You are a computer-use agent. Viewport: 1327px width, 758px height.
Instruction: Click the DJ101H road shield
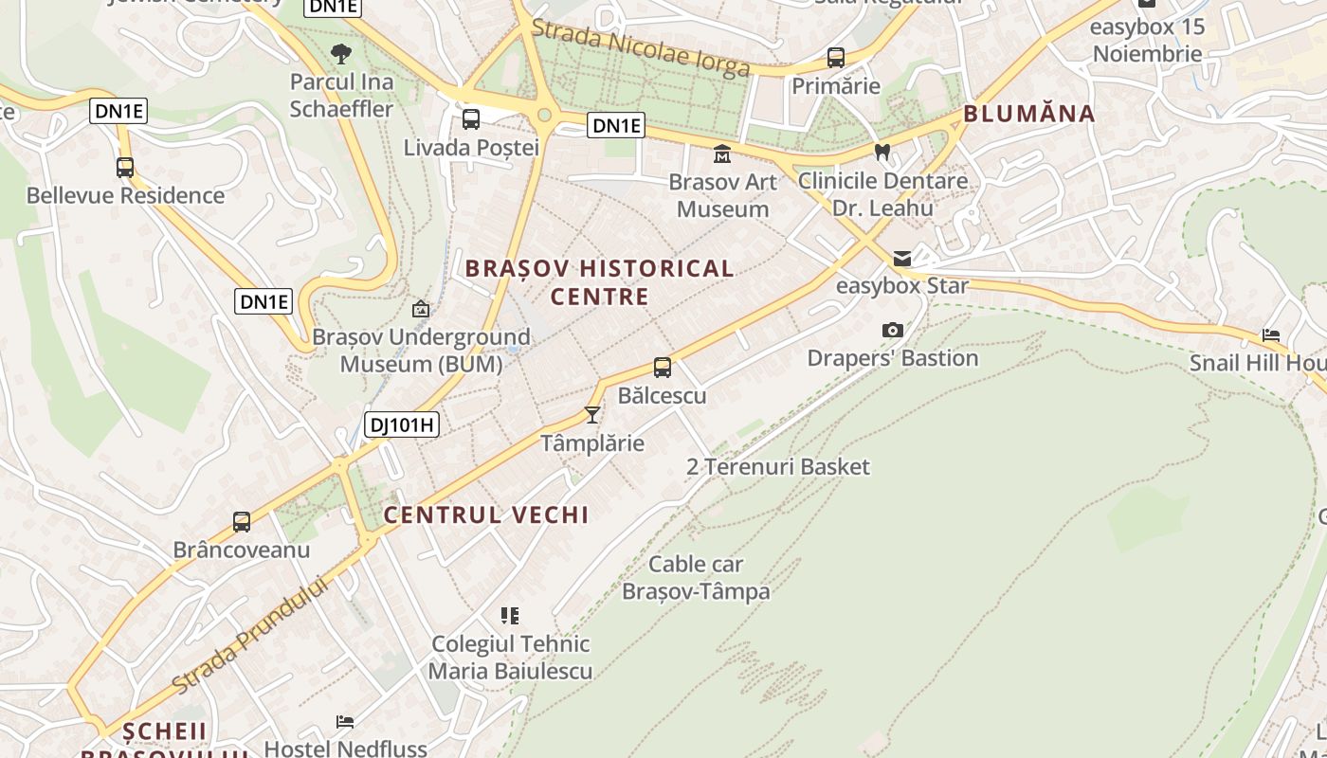pos(402,424)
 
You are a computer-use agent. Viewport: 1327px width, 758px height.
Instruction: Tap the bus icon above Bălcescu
pos(663,368)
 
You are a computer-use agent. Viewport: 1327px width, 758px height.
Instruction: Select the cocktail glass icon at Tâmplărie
pos(592,415)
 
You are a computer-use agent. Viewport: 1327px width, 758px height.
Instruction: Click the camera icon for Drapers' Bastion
pos(892,330)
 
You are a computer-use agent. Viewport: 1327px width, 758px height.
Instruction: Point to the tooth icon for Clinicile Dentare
pos(882,152)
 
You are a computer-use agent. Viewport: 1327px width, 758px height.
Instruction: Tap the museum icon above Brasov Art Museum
pos(722,153)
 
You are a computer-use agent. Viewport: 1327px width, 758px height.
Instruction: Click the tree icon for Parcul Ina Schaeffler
pos(341,54)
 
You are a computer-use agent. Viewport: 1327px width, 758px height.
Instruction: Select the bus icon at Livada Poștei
pos(471,119)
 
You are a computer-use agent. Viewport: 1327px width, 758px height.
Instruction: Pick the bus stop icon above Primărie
pos(836,58)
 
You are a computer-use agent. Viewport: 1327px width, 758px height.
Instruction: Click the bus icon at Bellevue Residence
pos(125,168)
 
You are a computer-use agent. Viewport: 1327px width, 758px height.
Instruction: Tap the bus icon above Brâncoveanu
pos(242,522)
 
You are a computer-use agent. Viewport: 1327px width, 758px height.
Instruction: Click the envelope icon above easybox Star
pos(902,259)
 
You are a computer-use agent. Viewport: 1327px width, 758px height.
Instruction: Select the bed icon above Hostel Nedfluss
pos(345,722)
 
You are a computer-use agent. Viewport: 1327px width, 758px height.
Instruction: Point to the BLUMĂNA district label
pos(1029,114)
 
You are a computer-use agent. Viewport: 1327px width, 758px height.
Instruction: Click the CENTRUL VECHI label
pos(486,514)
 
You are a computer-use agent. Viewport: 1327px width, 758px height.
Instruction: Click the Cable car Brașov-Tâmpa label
pos(696,578)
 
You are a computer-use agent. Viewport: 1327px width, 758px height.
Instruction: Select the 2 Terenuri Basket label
pos(777,466)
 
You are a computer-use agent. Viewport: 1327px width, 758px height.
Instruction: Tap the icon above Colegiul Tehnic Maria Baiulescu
pos(510,616)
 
